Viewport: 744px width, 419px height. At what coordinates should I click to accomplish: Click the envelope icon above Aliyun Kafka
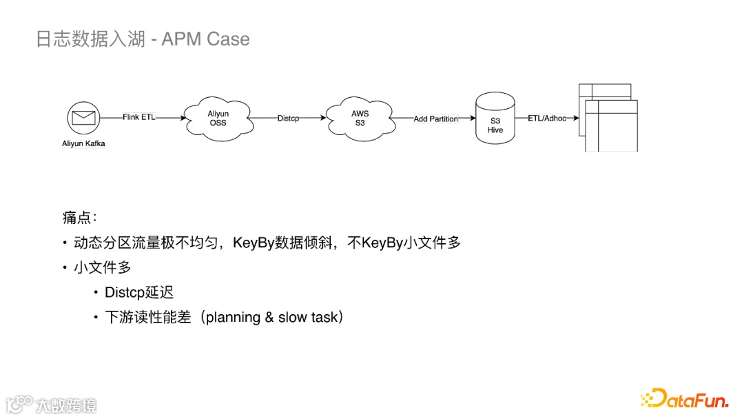pyautogui.click(x=83, y=118)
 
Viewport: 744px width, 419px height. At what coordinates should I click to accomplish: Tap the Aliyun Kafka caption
pyautogui.click(x=83, y=143)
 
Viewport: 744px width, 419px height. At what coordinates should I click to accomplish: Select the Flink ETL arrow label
pyautogui.click(x=139, y=118)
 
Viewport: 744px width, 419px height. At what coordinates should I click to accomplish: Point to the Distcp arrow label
pyautogui.click(x=288, y=119)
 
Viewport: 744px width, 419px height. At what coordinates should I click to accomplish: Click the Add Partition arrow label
pyautogui.click(x=435, y=119)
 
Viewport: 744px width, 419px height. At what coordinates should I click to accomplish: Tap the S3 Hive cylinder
pyautogui.click(x=496, y=121)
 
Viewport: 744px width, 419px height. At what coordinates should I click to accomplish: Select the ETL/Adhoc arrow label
pyautogui.click(x=546, y=119)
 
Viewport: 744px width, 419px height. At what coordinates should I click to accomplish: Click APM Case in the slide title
pyautogui.click(x=205, y=39)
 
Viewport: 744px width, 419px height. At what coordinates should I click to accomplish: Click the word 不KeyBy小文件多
pyautogui.click(x=404, y=243)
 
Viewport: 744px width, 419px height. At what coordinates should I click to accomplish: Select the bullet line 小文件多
pyautogui.click(x=102, y=267)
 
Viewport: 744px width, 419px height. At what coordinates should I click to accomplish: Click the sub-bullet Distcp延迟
pyautogui.click(x=138, y=292)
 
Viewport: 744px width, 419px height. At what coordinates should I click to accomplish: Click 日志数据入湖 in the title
pyautogui.click(x=90, y=39)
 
